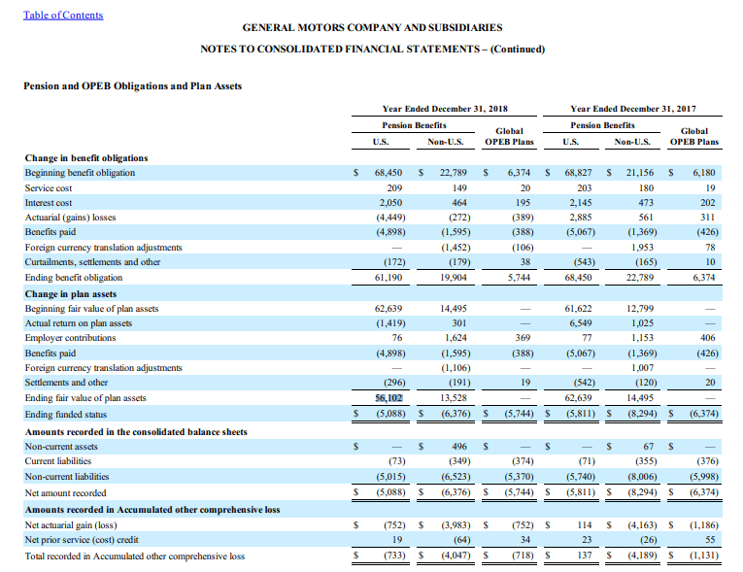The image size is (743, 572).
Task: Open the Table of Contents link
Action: coord(63,16)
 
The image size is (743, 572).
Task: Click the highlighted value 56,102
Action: coord(388,397)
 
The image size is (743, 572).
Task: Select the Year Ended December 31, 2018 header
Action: coord(445,109)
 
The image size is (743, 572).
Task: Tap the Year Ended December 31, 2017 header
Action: coord(633,109)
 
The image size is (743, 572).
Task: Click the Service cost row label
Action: coord(49,188)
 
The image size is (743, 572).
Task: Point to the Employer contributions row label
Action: coord(70,337)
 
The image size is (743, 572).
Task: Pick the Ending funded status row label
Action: coord(66,415)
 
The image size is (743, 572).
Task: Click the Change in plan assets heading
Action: coord(71,294)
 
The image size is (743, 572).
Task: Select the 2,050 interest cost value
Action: coord(390,203)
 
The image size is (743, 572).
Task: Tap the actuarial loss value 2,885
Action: coord(580,218)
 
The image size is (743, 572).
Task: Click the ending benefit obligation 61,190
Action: coord(388,277)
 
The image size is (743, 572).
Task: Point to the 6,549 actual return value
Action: coord(580,323)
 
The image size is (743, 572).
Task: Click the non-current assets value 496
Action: coord(459,447)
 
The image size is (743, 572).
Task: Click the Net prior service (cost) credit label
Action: coord(82,540)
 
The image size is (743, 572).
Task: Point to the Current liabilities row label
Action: coord(58,461)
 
